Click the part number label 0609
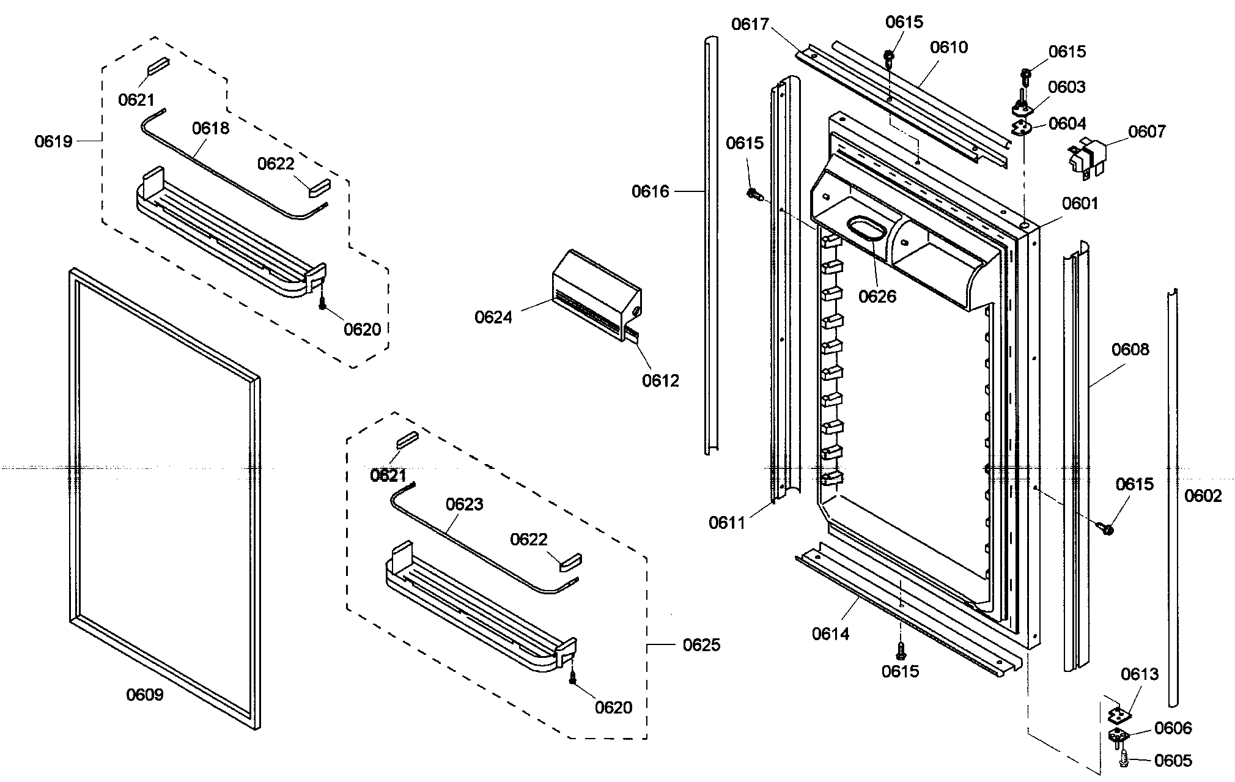pos(145,695)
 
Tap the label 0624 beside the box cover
pos(493,317)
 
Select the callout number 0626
pos(877,297)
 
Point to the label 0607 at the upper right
pos(1147,131)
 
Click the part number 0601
pos(1080,204)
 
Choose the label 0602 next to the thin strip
pos(1203,496)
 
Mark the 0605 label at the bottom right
pos(1173,761)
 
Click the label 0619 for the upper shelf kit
pos(53,142)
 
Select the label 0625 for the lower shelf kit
pos(701,645)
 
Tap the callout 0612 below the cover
pos(660,381)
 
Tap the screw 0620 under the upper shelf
pos(322,302)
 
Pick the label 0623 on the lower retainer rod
pos(464,504)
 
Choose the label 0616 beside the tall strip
pos(650,192)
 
